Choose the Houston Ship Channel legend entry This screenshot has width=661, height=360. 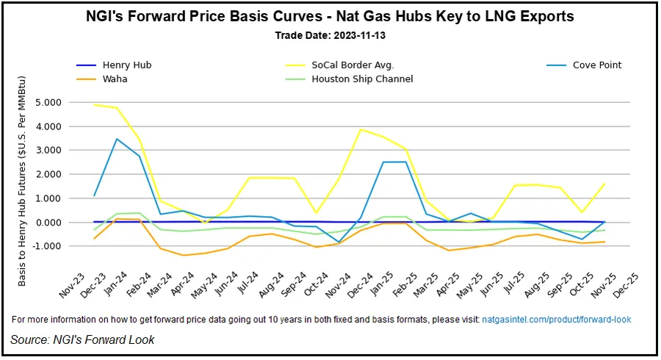tap(362, 79)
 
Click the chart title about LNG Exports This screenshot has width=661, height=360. tap(330, 16)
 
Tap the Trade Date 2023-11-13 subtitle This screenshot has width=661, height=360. tap(330, 35)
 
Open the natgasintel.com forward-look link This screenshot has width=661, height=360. tap(556, 320)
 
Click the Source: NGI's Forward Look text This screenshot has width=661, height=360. tap(82, 339)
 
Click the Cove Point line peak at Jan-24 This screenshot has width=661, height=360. tap(117, 139)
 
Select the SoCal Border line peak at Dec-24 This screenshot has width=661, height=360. tap(360, 129)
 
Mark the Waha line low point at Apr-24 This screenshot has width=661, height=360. tap(183, 256)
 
